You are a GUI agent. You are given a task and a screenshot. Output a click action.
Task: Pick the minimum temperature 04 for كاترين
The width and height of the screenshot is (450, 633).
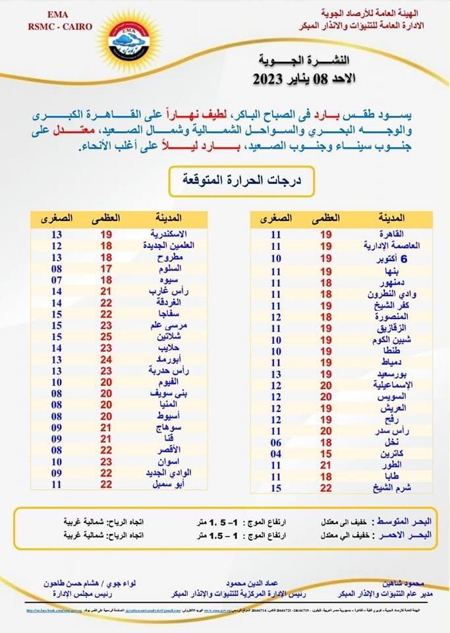point(276,454)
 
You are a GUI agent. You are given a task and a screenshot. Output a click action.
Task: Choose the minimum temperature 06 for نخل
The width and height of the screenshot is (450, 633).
point(276,442)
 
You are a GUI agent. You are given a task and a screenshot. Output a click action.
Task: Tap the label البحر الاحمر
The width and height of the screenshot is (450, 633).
point(400,535)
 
